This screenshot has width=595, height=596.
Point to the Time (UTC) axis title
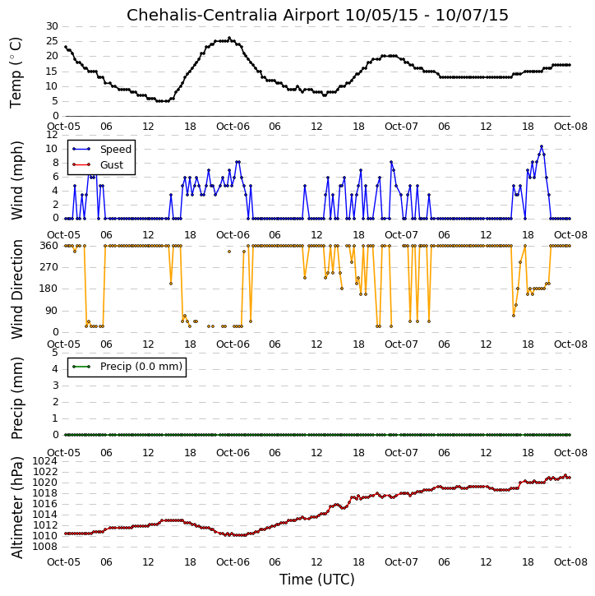(317, 580)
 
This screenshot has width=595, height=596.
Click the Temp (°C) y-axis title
(16, 72)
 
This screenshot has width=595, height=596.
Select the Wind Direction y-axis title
(16, 289)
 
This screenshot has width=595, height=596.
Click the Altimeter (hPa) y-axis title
(16, 507)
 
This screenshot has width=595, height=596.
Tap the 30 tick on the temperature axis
(52, 26)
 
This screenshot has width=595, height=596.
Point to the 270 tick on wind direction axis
(49, 267)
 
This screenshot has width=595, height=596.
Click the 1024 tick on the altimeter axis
(45, 461)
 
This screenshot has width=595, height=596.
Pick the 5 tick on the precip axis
(55, 353)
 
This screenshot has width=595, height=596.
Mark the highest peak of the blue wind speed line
(542, 146)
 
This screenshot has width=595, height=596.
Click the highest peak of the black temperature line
(229, 38)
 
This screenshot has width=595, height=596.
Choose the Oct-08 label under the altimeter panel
(570, 561)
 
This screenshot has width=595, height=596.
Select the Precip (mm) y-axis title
(16, 399)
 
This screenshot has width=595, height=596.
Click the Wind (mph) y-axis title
(16, 181)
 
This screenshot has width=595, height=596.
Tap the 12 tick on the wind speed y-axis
(52, 135)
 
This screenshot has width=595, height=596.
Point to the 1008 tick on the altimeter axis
(45, 547)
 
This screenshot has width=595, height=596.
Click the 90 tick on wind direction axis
(53, 311)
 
